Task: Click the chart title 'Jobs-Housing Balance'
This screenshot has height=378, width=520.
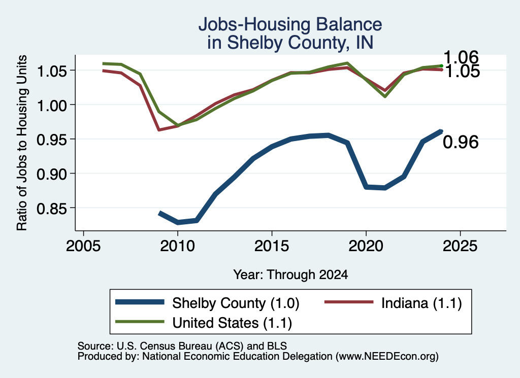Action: coord(290,24)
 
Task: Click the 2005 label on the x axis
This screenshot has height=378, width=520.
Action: coord(83,246)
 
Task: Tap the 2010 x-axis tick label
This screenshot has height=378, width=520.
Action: coord(177,246)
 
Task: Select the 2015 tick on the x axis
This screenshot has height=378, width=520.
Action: coord(272,246)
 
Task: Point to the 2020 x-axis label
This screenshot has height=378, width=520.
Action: coord(366,246)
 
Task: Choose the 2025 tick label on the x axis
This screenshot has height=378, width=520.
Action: coord(460,246)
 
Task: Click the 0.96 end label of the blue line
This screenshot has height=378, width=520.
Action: coord(461,142)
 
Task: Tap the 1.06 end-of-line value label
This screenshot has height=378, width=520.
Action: coord(461,57)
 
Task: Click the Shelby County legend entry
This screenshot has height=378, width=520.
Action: coord(207,303)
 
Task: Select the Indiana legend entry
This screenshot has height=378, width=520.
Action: coord(393,303)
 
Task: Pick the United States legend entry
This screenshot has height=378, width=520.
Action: coord(204,323)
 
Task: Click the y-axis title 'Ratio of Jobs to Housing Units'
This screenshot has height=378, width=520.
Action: coord(21,143)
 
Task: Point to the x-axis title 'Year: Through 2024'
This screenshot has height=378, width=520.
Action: coord(290,274)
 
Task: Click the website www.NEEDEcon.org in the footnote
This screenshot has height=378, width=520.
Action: coord(387,357)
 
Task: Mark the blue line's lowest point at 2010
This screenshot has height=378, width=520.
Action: coord(178,222)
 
